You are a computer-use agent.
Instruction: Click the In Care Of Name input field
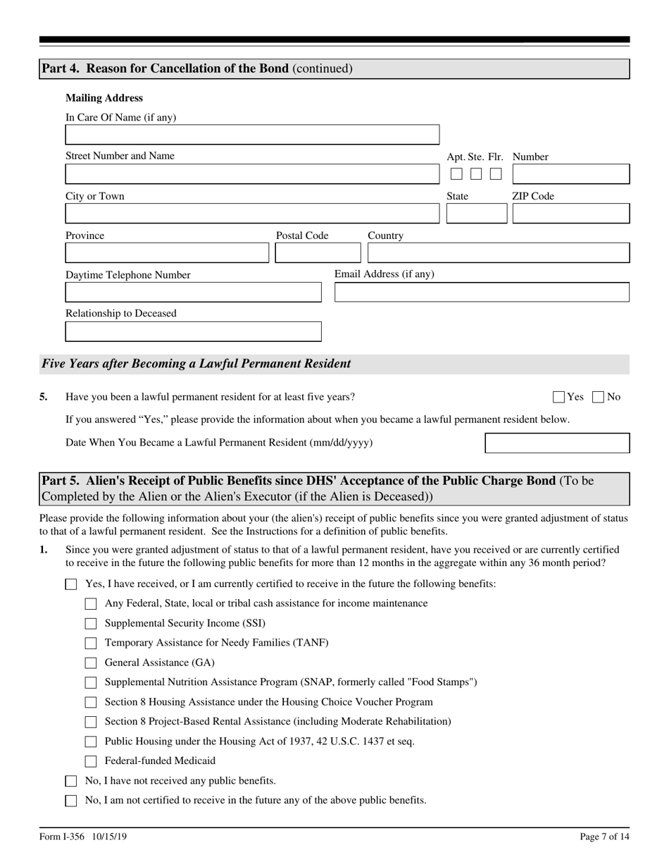pyautogui.click(x=252, y=135)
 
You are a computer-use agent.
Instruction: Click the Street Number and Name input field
pyautogui.click(x=252, y=174)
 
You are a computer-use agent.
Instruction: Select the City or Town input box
pyautogui.click(x=252, y=214)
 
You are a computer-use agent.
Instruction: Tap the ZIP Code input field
pyautogui.click(x=570, y=214)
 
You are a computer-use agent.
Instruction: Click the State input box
pyautogui.click(x=476, y=214)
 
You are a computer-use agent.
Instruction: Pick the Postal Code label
pyautogui.click(x=302, y=235)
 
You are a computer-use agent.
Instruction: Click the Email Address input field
pyautogui.click(x=482, y=293)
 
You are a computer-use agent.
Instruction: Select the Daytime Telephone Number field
pyautogui.click(x=193, y=293)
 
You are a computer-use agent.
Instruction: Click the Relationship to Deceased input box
pyautogui.click(x=193, y=332)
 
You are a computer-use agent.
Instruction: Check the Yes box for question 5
pyautogui.click(x=559, y=398)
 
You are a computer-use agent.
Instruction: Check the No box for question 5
pyautogui.click(x=599, y=398)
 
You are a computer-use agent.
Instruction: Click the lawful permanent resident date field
pyautogui.click(x=557, y=443)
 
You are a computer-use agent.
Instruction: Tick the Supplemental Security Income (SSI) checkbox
pyautogui.click(x=90, y=624)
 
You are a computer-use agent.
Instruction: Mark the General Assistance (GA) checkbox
pyautogui.click(x=90, y=663)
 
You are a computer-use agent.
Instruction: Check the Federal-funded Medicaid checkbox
pyautogui.click(x=90, y=761)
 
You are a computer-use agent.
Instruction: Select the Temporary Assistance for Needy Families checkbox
pyautogui.click(x=90, y=644)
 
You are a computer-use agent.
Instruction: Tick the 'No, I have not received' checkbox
pyautogui.click(x=70, y=781)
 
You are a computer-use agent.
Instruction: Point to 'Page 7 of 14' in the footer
pyautogui.click(x=604, y=837)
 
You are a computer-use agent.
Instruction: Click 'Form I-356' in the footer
pyautogui.click(x=62, y=837)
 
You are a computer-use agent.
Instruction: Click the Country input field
pyautogui.click(x=499, y=253)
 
